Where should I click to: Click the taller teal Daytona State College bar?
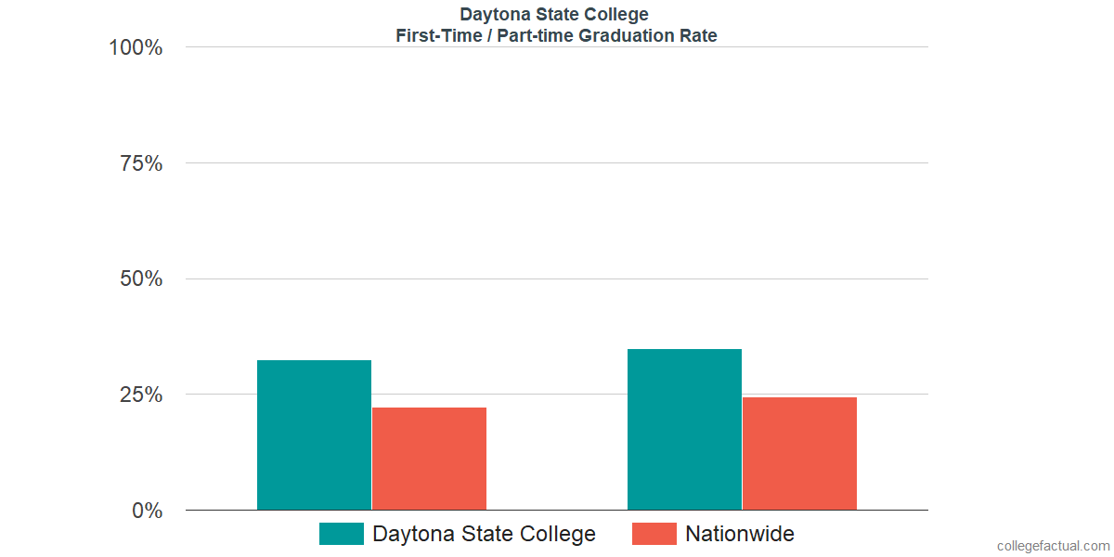pos(684,429)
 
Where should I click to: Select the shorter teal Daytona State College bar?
pos(314,434)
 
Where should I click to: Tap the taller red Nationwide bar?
pos(799,453)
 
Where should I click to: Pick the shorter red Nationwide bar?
pos(429,459)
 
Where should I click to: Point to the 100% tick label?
pos(136,47)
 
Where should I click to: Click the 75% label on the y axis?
pos(141,163)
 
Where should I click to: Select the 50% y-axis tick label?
pos(141,278)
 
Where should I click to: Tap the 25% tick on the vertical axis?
pos(141,395)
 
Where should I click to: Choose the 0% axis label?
pos(147,511)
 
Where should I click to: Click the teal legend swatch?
pos(341,534)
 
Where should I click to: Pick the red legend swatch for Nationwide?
pos(654,534)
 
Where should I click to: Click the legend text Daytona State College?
pos(484,534)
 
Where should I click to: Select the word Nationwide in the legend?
pos(740,534)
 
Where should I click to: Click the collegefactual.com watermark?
pos(1053,546)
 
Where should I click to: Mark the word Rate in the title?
pos(698,36)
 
